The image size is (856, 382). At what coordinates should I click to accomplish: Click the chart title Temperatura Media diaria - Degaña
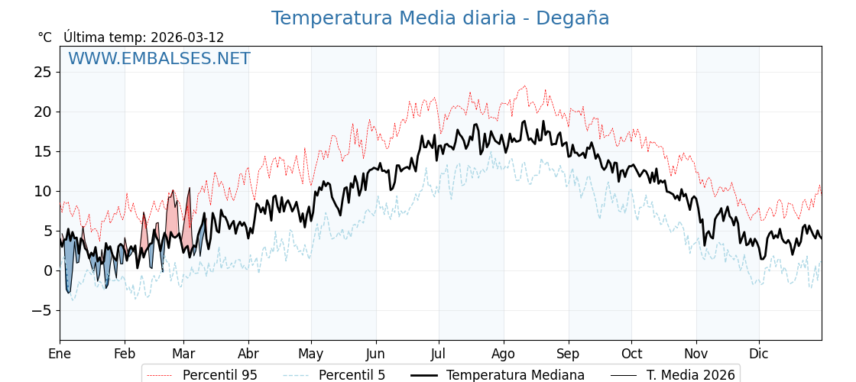(440, 18)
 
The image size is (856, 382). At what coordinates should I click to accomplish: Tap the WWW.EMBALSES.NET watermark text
(159, 59)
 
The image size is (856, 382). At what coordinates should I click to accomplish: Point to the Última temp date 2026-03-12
(187, 37)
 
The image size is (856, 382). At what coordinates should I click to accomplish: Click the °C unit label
(44, 37)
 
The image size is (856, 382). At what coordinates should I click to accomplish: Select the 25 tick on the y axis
(43, 72)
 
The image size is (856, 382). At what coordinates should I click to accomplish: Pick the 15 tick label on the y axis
(43, 151)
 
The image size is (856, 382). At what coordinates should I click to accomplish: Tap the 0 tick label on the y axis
(48, 270)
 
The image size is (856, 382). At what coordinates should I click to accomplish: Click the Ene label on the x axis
(60, 354)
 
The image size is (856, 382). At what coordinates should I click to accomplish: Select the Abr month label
(248, 354)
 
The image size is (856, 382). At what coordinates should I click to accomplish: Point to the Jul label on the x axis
(439, 354)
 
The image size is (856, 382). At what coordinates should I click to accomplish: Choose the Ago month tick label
(504, 354)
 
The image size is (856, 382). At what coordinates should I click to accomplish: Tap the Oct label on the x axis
(631, 354)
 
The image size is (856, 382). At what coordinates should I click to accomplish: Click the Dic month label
(759, 354)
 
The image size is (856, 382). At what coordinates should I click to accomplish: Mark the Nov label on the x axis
(696, 354)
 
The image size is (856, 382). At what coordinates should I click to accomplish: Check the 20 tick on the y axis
(43, 112)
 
